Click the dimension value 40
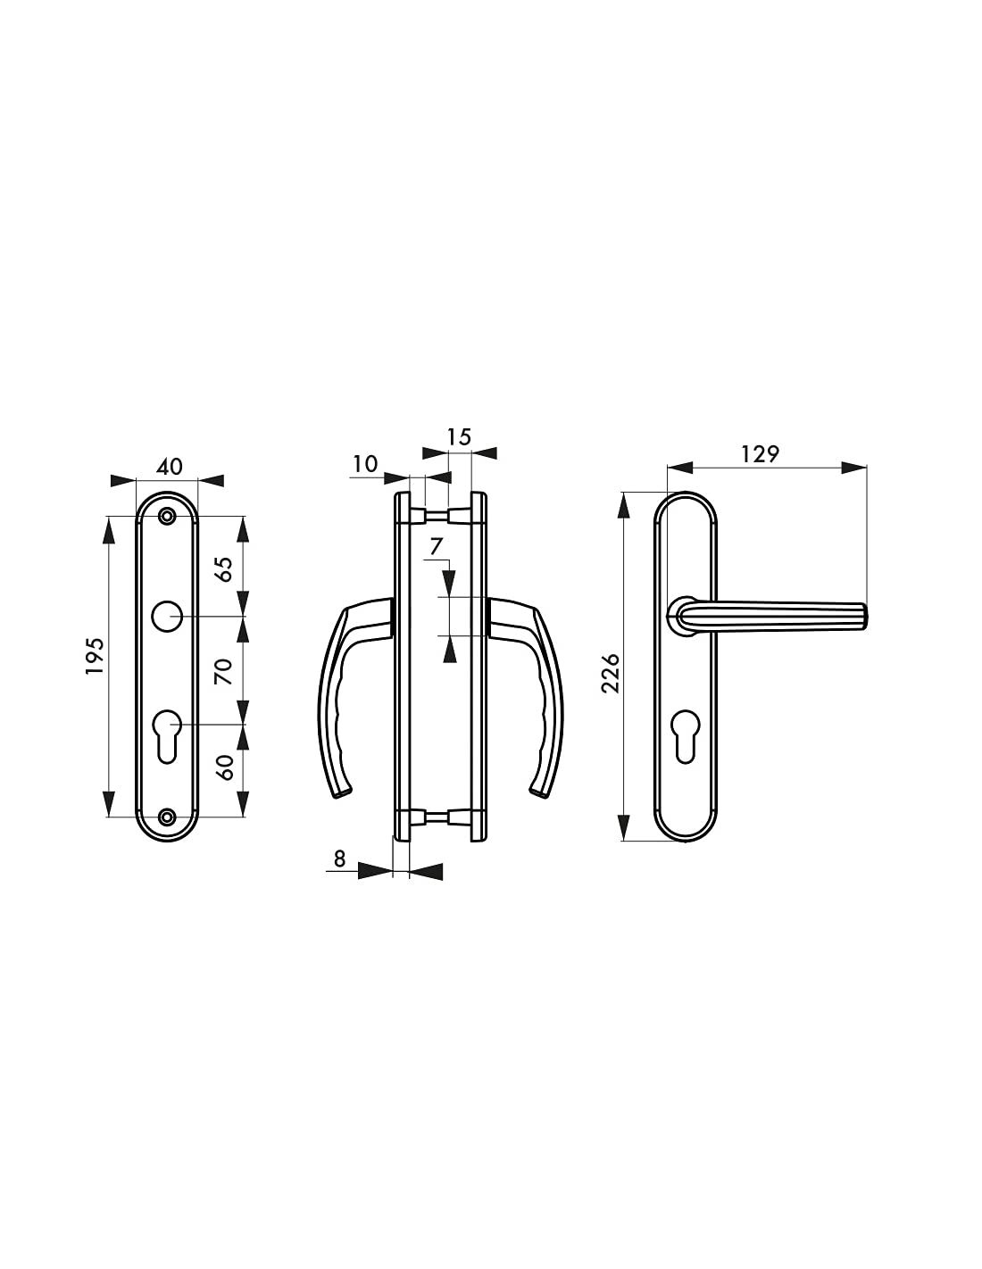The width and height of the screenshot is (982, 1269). pyautogui.click(x=170, y=466)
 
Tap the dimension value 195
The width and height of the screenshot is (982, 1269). pyautogui.click(x=95, y=656)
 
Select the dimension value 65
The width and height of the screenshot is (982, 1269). pyautogui.click(x=224, y=568)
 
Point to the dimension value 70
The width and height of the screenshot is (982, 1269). pyautogui.click(x=224, y=671)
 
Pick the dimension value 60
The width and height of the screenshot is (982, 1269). pyautogui.click(x=224, y=767)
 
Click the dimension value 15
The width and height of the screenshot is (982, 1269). pyautogui.click(x=459, y=436)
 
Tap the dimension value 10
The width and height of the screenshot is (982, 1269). pyautogui.click(x=365, y=464)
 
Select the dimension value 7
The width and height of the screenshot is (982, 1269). pyautogui.click(x=437, y=547)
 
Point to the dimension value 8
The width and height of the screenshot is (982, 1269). pyautogui.click(x=340, y=858)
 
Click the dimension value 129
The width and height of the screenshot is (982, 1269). pyautogui.click(x=760, y=453)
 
